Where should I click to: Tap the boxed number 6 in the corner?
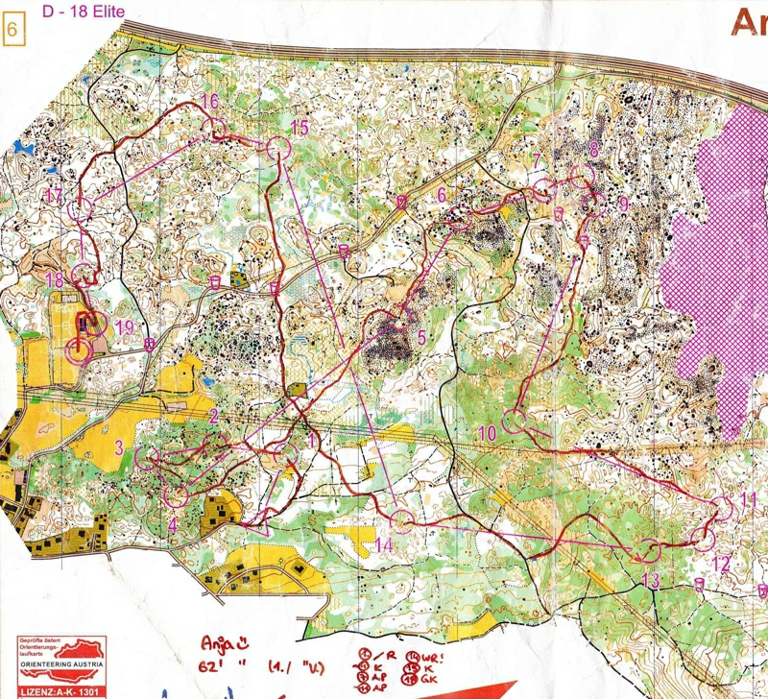[x=13, y=28]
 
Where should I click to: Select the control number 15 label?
[x=300, y=128]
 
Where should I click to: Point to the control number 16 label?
[x=209, y=101]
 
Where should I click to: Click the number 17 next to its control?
[x=54, y=196]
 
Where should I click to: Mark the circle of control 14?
[x=402, y=520]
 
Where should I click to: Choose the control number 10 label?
[x=487, y=433]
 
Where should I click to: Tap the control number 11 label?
[x=749, y=498]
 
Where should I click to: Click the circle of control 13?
[x=652, y=551]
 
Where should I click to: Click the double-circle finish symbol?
[x=79, y=350]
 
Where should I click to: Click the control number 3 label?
[x=118, y=446]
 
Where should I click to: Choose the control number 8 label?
[x=594, y=149]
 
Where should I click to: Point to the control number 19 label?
[x=124, y=326]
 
